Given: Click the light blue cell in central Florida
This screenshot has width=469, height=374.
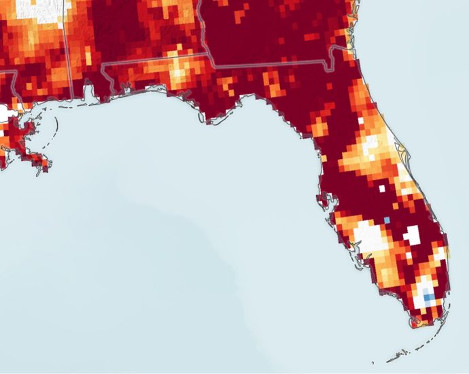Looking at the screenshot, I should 387,220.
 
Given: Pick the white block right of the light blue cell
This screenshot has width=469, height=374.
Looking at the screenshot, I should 412,235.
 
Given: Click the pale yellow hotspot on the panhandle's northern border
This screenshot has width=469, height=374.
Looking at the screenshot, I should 179,71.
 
